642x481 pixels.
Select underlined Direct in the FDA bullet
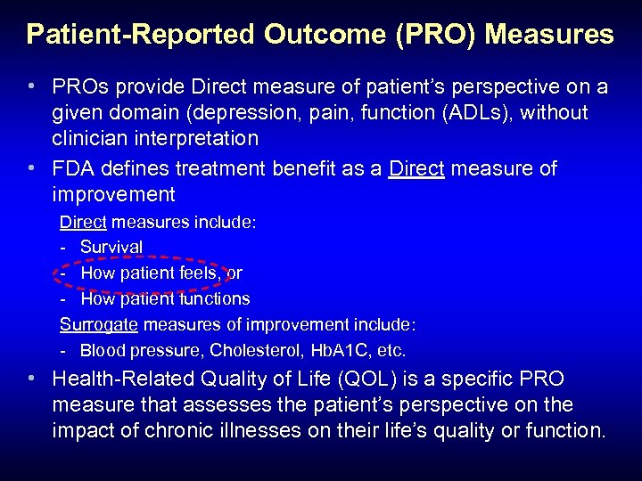tap(416, 169)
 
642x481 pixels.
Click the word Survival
tap(111, 247)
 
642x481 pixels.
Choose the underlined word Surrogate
tap(98, 324)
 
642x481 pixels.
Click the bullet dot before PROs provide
tap(32, 87)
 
